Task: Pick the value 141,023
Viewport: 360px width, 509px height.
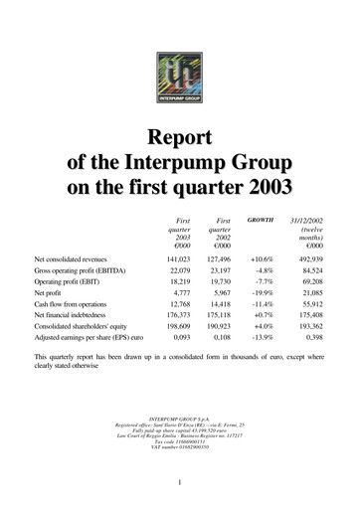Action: tap(174, 257)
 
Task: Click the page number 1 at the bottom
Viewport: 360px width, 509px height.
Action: tap(179, 484)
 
